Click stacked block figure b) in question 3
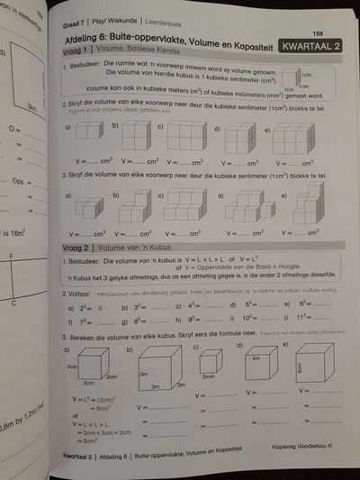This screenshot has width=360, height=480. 133,208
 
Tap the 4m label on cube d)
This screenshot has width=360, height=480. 256,358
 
